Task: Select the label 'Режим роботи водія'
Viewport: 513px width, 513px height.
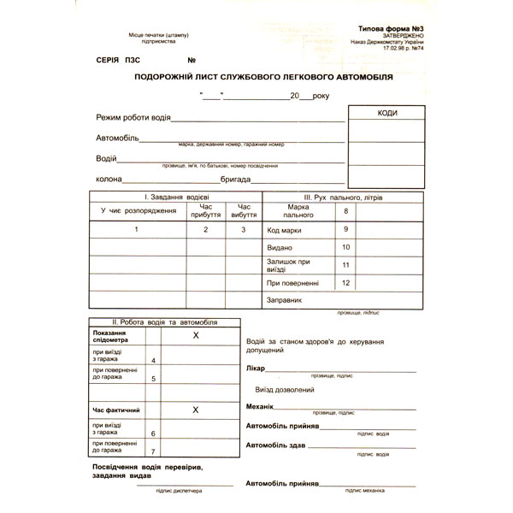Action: (133, 116)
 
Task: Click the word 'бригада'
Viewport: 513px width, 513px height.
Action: (235, 180)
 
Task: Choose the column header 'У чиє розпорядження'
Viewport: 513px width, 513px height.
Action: (138, 210)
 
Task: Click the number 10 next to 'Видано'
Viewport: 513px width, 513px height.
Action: (346, 247)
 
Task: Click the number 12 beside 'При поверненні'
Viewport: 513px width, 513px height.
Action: (346, 282)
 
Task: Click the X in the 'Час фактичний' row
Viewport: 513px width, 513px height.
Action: (196, 410)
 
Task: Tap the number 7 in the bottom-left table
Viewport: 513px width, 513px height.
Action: (153, 451)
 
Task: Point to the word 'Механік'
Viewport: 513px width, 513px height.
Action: (260, 407)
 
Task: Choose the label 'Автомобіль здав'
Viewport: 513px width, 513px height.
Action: (275, 445)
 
